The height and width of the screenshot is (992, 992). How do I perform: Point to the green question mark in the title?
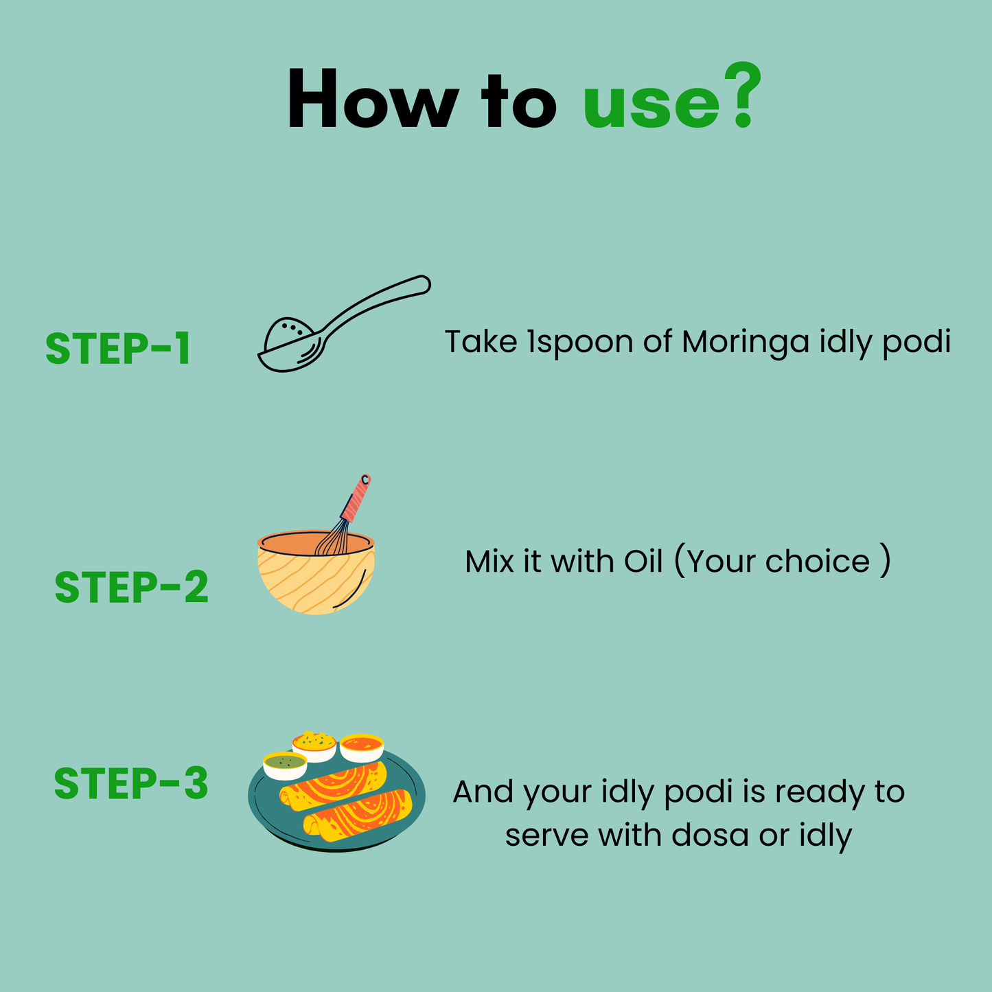[743, 96]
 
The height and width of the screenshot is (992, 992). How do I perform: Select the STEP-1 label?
[117, 349]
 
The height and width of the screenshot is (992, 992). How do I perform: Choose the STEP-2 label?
[131, 588]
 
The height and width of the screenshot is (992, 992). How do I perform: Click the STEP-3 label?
[131, 783]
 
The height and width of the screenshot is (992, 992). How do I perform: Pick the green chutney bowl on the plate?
[284, 765]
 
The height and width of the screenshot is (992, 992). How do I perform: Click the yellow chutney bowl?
[314, 745]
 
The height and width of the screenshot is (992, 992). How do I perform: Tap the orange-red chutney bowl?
[362, 747]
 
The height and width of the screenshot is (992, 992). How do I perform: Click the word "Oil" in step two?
[643, 562]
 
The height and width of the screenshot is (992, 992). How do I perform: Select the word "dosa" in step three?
[710, 835]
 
